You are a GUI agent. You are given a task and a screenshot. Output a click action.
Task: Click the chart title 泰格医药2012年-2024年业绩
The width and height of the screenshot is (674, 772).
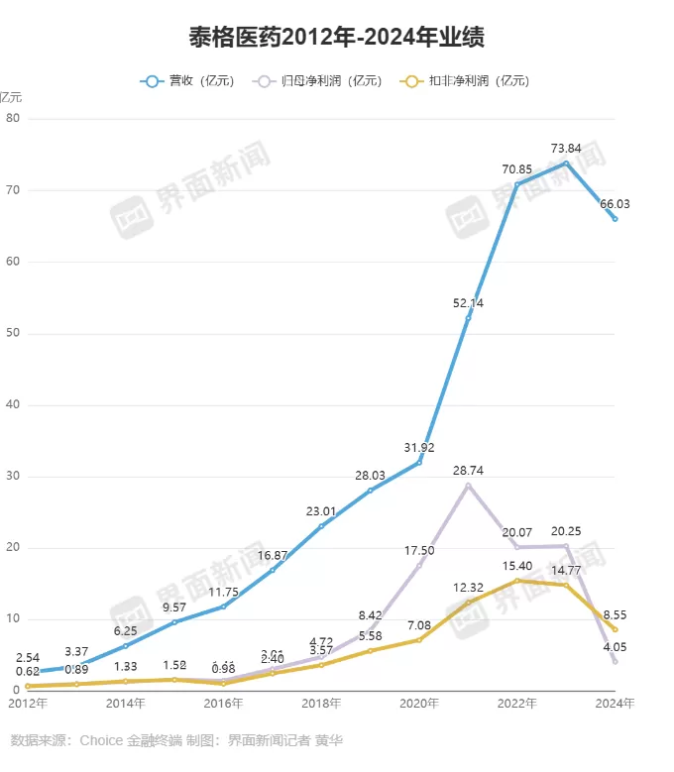pos(336,38)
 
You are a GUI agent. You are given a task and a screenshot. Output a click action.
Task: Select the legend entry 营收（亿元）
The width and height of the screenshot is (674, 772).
pos(187,81)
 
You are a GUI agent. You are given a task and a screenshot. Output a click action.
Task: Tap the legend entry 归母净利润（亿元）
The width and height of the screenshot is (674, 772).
pos(318,81)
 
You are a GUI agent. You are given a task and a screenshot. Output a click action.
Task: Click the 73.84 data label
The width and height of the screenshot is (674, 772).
pos(566,149)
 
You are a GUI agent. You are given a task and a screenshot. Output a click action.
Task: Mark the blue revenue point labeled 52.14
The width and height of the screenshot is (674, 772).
pos(468,316)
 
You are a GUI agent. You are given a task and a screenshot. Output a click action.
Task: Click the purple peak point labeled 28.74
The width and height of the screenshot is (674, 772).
pos(468,485)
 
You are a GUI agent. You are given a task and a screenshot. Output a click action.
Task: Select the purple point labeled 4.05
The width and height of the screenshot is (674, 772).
pos(616,661)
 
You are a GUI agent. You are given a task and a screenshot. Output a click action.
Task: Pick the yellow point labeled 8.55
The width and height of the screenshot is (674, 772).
pos(616,629)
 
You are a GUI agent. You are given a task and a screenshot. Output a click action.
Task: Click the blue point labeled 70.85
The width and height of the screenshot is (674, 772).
pos(517,184)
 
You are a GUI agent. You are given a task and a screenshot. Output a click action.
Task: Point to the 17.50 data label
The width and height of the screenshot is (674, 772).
pos(419,550)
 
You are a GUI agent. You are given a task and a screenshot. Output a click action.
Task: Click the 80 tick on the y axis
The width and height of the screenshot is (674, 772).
pos(13,119)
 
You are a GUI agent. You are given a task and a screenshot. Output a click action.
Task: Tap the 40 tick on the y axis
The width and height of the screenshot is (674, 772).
pos(13,405)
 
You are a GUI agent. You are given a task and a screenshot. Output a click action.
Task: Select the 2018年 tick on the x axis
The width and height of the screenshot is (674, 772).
pos(321,704)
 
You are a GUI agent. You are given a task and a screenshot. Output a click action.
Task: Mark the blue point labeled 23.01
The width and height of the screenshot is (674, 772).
pos(321,526)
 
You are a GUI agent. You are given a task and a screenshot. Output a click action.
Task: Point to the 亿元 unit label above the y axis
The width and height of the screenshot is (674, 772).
pos(11,97)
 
